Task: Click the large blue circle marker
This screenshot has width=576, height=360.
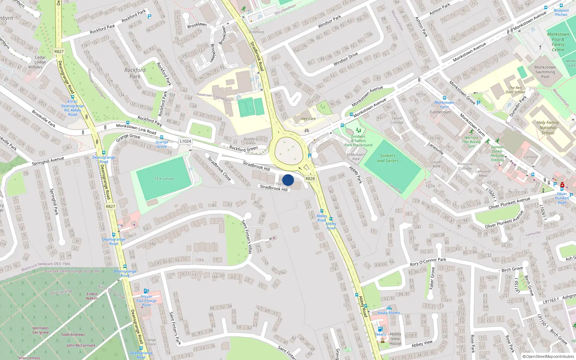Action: click(288, 180)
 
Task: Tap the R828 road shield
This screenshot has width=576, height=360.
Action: click(310, 179)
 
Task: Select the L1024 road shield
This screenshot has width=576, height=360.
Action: click(185, 141)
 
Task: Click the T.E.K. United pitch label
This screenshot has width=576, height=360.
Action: click(164, 179)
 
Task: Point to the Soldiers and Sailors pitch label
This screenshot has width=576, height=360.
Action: click(388, 158)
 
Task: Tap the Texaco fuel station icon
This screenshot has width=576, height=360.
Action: click(380, 329)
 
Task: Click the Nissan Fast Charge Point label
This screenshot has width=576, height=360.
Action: click(147, 301)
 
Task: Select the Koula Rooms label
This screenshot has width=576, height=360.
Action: click(389, 313)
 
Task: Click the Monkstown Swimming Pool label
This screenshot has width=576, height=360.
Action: click(545, 72)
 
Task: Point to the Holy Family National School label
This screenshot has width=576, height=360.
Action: click(548, 127)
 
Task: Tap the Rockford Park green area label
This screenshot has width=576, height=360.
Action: click(135, 73)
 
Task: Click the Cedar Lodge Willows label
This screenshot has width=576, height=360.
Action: click(40, 62)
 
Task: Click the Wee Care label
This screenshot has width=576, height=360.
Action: click(308, 119)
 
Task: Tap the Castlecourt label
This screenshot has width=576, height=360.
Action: click(440, 112)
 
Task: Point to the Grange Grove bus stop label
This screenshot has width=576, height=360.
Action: click(162, 144)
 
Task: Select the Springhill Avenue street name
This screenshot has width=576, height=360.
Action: click(48, 161)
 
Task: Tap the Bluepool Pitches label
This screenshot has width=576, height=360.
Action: click(561, 13)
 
